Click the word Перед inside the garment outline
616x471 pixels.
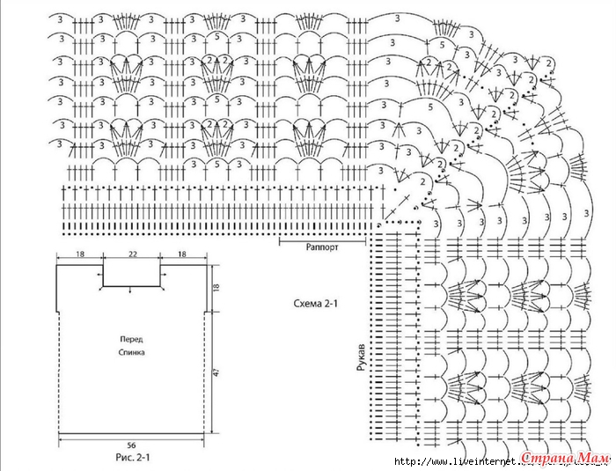(132, 339)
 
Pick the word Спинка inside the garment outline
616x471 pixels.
(132, 352)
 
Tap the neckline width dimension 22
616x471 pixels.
(133, 254)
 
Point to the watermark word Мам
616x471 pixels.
(595, 458)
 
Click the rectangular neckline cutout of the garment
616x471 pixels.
(133, 274)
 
